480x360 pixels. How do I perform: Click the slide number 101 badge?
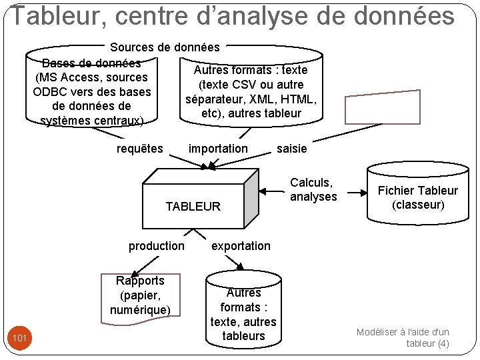point(20,339)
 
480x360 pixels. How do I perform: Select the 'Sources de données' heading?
point(165,47)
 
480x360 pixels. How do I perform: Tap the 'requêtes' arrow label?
point(139,149)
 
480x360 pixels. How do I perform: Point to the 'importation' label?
point(218,149)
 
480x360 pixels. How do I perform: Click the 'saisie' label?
point(292,149)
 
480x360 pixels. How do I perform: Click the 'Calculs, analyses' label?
point(313,189)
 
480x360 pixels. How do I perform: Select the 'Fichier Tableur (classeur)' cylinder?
point(418,197)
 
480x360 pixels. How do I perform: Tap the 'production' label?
point(157,246)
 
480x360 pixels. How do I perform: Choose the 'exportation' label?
point(241,246)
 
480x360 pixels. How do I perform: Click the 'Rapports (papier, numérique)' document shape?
point(140,295)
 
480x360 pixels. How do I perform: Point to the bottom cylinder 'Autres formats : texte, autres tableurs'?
point(243,314)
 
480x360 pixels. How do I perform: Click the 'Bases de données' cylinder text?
point(91,92)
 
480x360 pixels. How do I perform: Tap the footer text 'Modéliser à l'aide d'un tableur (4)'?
point(403,337)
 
